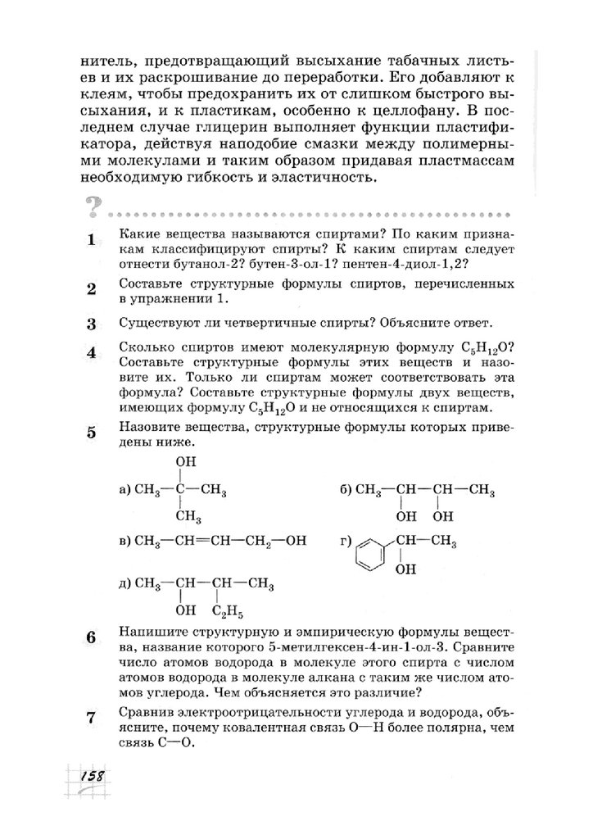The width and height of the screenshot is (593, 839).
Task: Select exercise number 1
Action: pyautogui.click(x=91, y=240)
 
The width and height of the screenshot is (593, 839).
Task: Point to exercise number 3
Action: pyautogui.click(x=91, y=323)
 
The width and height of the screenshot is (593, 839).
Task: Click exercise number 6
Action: pyautogui.click(x=91, y=637)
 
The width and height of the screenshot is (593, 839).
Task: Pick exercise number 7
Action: pyautogui.click(x=91, y=719)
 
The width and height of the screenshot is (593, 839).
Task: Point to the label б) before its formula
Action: pyautogui.click(x=345, y=490)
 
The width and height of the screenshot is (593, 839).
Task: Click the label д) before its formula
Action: pyautogui.click(x=125, y=584)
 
